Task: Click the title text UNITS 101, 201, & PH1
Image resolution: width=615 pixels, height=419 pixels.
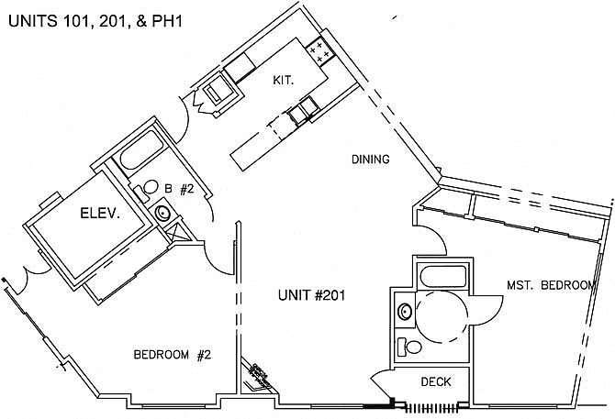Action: tap(95, 21)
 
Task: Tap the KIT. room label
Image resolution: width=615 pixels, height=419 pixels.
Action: tap(284, 81)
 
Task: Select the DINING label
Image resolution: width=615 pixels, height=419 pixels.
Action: tap(371, 160)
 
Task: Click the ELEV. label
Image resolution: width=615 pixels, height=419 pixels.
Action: tap(100, 214)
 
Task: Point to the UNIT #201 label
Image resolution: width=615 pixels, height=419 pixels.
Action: tap(312, 295)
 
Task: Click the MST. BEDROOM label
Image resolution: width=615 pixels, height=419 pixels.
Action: tap(551, 285)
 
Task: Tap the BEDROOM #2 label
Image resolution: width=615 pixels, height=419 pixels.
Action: tap(173, 355)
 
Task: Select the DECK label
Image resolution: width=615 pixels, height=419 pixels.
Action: tap(436, 381)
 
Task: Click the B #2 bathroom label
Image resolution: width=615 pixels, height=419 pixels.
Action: tap(179, 190)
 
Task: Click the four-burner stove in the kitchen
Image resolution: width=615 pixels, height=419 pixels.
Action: tap(320, 51)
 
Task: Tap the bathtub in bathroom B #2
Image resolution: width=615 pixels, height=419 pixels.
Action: tap(141, 149)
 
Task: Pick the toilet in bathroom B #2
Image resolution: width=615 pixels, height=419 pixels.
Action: tap(147, 189)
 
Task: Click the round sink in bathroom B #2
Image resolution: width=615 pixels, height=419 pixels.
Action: tap(162, 213)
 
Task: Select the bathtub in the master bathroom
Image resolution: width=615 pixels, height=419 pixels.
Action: tap(443, 277)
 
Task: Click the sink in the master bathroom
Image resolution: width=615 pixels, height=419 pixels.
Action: tap(405, 312)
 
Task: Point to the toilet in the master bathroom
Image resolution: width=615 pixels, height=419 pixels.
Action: tap(409, 347)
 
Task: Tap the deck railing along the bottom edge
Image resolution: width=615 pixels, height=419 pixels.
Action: tap(431, 408)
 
